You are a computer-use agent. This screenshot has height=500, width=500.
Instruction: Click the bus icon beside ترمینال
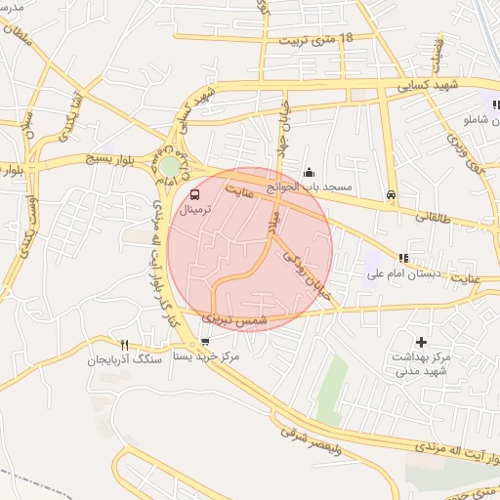[x=194, y=195]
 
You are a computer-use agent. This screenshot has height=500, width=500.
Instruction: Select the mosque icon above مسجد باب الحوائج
[x=309, y=173]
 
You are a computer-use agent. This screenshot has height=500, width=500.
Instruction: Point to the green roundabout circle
[x=171, y=166]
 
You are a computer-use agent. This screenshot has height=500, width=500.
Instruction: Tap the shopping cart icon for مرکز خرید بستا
[x=204, y=342]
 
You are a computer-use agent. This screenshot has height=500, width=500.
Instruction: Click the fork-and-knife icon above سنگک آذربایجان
[x=124, y=345]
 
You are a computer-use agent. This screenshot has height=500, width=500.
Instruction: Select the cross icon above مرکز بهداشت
[x=421, y=342]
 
